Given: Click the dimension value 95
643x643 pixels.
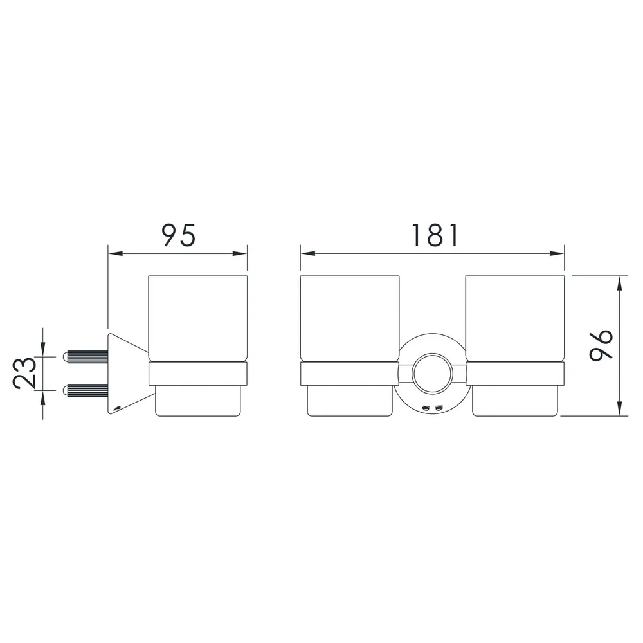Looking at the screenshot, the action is (179, 235).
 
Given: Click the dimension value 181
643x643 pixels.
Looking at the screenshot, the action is (435, 235).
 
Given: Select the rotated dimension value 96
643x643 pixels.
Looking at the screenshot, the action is (601, 345).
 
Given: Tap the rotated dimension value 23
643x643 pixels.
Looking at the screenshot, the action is (24, 372).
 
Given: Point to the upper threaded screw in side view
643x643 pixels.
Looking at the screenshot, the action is (86, 357).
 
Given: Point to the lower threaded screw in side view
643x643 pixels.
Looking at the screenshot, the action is (86, 390).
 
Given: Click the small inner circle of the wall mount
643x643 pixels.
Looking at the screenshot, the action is (432, 374).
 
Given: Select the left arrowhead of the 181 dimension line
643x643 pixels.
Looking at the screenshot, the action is (307, 253).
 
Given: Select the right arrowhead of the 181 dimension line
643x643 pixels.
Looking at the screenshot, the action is (557, 253).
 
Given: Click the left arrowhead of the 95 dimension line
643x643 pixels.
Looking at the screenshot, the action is (115, 253).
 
